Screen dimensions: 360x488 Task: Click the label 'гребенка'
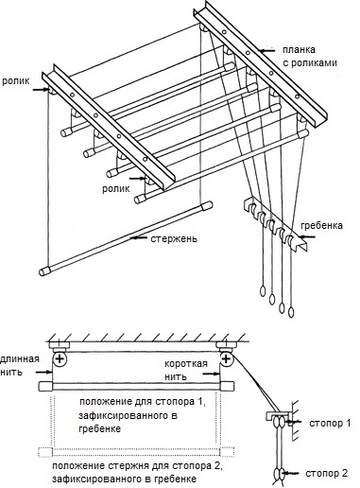[321, 226]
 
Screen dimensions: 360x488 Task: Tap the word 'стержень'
[174, 238]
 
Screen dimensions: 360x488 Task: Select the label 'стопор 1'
[330, 423]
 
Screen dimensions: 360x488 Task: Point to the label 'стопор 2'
[327, 473]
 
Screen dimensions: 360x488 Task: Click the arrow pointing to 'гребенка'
[304, 236]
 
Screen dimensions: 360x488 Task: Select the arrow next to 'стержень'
[139, 237]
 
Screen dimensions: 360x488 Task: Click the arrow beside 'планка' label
[266, 50]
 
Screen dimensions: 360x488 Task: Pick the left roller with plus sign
[60, 358]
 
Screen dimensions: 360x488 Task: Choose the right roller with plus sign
[226, 358]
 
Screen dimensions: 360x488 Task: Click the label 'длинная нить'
[20, 365]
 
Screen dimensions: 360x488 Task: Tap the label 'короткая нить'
[186, 370]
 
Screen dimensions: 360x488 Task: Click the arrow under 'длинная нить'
[43, 373]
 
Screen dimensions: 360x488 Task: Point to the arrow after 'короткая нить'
[212, 374]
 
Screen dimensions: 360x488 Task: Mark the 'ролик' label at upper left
[16, 81]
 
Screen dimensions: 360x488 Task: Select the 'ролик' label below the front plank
[116, 188]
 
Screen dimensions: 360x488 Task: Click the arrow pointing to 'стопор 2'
[291, 474]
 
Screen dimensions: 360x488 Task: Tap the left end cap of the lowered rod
[45, 271]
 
